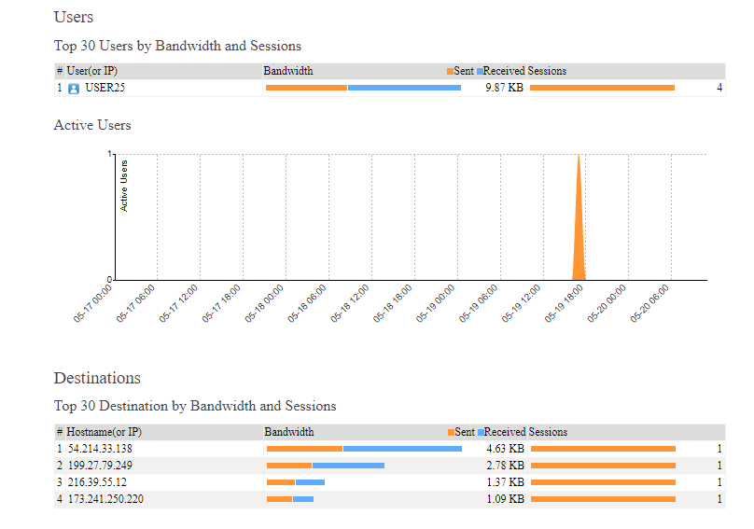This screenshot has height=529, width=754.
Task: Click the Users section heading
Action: (74, 17)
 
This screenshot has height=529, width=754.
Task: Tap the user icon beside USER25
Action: (74, 89)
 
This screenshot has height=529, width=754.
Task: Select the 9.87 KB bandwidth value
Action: (504, 88)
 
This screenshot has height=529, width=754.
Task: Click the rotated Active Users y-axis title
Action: (125, 185)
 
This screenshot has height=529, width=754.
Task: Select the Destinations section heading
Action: (97, 378)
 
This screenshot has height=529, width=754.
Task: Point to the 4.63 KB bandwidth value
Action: (505, 449)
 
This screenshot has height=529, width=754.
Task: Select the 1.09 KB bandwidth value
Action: (505, 499)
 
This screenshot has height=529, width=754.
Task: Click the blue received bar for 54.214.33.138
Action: (402, 449)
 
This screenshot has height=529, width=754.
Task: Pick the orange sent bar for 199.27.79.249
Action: (289, 466)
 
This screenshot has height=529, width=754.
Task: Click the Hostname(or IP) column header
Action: (104, 432)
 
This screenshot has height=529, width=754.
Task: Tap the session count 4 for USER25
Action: (719, 88)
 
